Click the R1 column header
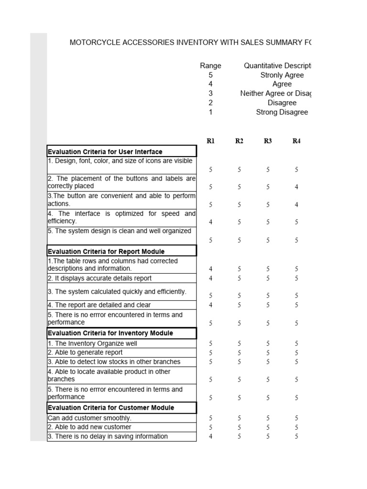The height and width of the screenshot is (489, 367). pyautogui.click(x=211, y=141)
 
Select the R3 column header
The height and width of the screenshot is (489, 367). pyautogui.click(x=268, y=141)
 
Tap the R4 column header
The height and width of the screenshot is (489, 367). pyautogui.click(x=296, y=141)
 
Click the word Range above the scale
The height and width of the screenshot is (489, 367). pyautogui.click(x=210, y=66)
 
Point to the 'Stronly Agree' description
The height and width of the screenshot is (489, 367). pyautogui.click(x=282, y=75)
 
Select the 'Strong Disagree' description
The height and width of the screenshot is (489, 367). pyautogui.click(x=282, y=112)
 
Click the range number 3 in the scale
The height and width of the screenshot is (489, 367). pyautogui.click(x=210, y=94)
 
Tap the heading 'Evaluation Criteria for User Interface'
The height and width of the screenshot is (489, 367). pyautogui.click(x=105, y=152)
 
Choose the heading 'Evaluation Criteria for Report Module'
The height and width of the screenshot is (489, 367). pyautogui.click(x=106, y=252)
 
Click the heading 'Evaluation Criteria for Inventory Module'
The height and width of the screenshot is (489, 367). pyautogui.click(x=110, y=333)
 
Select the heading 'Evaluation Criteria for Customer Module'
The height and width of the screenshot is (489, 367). pyautogui.click(x=111, y=408)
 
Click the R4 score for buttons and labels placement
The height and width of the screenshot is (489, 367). pyautogui.click(x=296, y=187)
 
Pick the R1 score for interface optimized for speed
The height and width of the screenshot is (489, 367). pyautogui.click(x=211, y=222)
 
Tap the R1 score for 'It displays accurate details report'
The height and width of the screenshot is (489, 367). pyautogui.click(x=211, y=278)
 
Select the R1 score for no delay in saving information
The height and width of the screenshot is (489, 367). pyautogui.click(x=211, y=436)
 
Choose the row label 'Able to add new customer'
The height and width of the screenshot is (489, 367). pyautogui.click(x=89, y=427)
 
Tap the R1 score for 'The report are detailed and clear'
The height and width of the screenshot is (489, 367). pyautogui.click(x=211, y=305)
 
